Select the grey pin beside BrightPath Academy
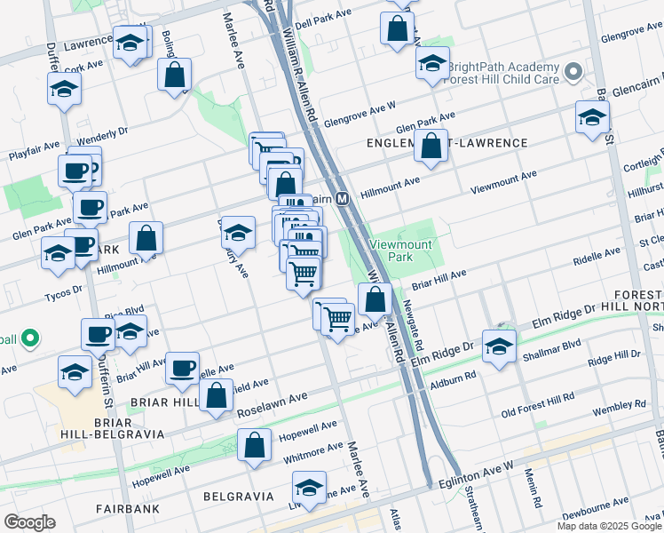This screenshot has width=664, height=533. pyautogui.click(x=574, y=70)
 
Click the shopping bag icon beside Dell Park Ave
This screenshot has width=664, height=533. pyautogui.click(x=397, y=27)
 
